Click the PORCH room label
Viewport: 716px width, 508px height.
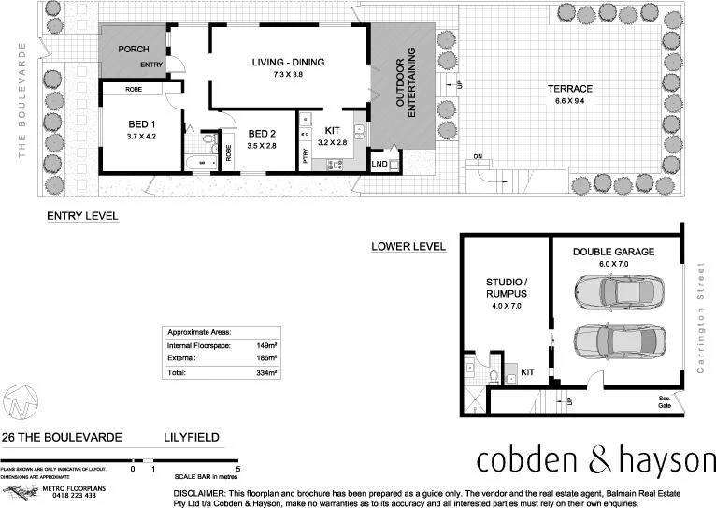tap(135, 50)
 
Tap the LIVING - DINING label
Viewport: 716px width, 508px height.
tap(288, 63)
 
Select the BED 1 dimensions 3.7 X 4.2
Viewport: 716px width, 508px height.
tap(141, 137)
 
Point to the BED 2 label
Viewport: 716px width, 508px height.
tap(262, 134)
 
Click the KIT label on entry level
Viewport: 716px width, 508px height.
tap(332, 131)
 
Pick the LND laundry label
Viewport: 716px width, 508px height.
tap(379, 165)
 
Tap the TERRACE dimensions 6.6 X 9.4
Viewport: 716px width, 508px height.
tap(574, 101)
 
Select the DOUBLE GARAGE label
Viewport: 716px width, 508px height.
tap(613, 252)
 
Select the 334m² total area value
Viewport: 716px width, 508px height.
tap(267, 373)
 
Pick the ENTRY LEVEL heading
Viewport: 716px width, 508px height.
tap(82, 215)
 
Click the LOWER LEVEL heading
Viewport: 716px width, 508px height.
tap(408, 247)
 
